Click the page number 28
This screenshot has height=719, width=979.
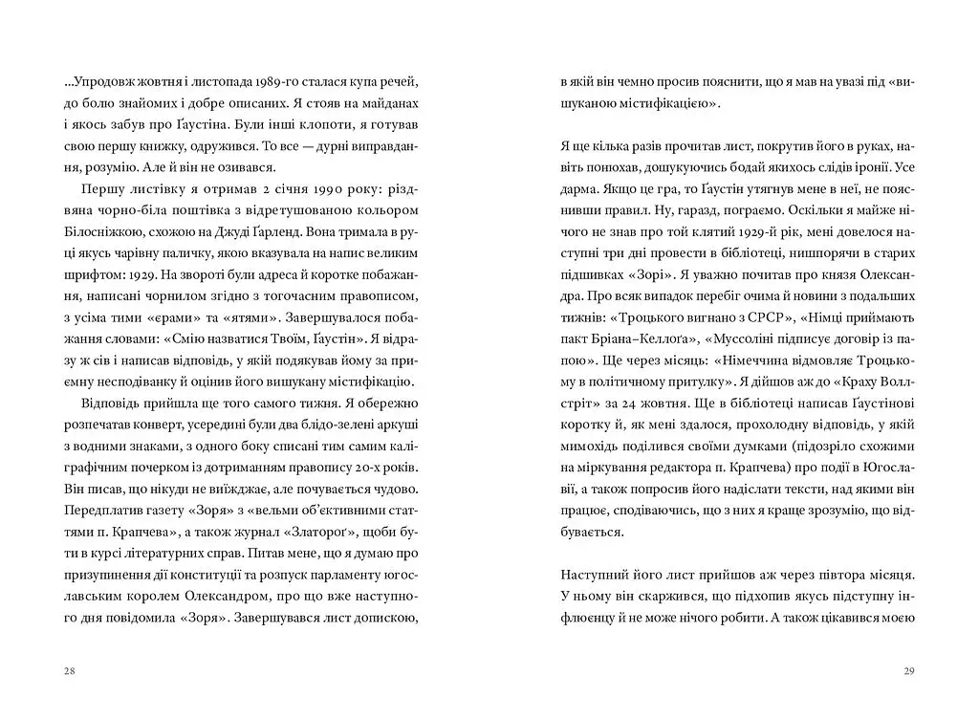pos(68,670)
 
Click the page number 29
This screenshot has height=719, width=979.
pos(909,670)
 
